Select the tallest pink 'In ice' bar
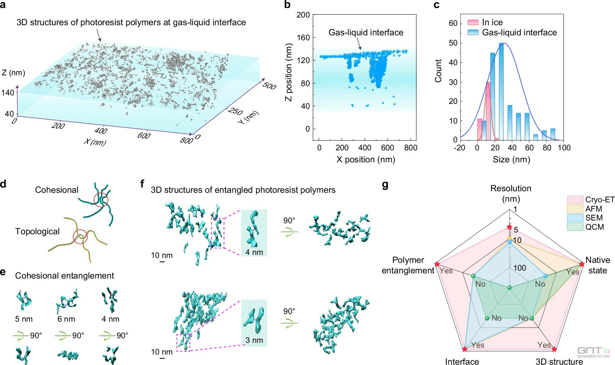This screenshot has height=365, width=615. click(488, 111)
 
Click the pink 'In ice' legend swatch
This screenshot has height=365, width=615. click(473, 22)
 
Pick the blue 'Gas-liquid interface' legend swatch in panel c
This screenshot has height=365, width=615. click(473, 32)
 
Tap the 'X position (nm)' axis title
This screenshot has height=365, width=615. click(365, 159)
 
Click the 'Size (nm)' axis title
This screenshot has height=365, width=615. click(511, 159)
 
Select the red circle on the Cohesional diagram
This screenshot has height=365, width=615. click(101, 200)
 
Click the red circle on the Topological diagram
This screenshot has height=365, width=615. click(80, 236)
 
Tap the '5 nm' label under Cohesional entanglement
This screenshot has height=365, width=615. click(24, 319)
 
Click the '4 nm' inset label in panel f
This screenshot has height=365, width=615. click(254, 252)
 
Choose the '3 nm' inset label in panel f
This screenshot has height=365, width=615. click(254, 340)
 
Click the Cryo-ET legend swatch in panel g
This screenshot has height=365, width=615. click(575, 200)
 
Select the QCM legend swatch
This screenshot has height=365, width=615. click(575, 227)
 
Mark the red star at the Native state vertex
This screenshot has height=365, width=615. click(581, 264)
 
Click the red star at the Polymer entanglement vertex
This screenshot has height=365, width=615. click(437, 264)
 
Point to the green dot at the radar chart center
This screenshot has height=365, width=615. click(509, 288)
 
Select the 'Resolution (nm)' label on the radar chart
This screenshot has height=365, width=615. click(511, 193)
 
